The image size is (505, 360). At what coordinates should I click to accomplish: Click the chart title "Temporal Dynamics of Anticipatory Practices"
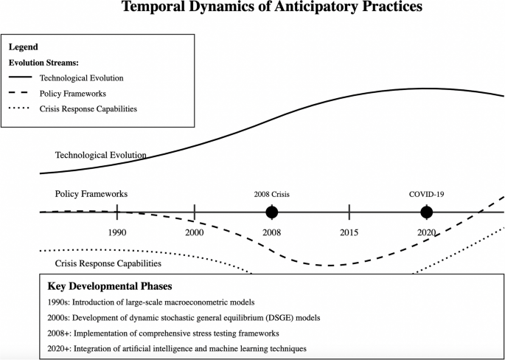point(272,8)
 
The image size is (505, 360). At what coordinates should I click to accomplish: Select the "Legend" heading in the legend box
point(23,47)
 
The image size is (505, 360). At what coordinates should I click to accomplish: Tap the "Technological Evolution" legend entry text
point(81,77)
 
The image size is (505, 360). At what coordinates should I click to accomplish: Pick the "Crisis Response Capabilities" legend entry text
point(88,108)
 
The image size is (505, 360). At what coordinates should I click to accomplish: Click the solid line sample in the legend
point(20,77)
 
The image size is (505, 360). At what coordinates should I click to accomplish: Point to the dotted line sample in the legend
point(20,108)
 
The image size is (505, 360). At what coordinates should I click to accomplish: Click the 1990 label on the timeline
point(117,232)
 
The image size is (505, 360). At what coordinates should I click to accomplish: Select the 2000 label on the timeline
point(195,232)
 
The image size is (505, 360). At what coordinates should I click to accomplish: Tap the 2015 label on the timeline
point(349,232)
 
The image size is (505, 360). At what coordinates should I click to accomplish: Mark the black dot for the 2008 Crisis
point(272,212)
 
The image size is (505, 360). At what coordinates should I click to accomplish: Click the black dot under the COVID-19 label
point(426,212)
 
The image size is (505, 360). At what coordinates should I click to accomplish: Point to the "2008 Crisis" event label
point(272,195)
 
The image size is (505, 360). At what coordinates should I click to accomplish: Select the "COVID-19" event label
point(426,195)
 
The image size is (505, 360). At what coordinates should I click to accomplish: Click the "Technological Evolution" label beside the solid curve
point(101,156)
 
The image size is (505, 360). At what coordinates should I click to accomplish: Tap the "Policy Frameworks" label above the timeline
point(91,194)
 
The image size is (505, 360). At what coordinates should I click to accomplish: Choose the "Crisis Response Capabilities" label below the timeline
point(108,263)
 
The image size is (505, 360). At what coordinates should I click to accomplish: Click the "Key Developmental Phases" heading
point(110,286)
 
